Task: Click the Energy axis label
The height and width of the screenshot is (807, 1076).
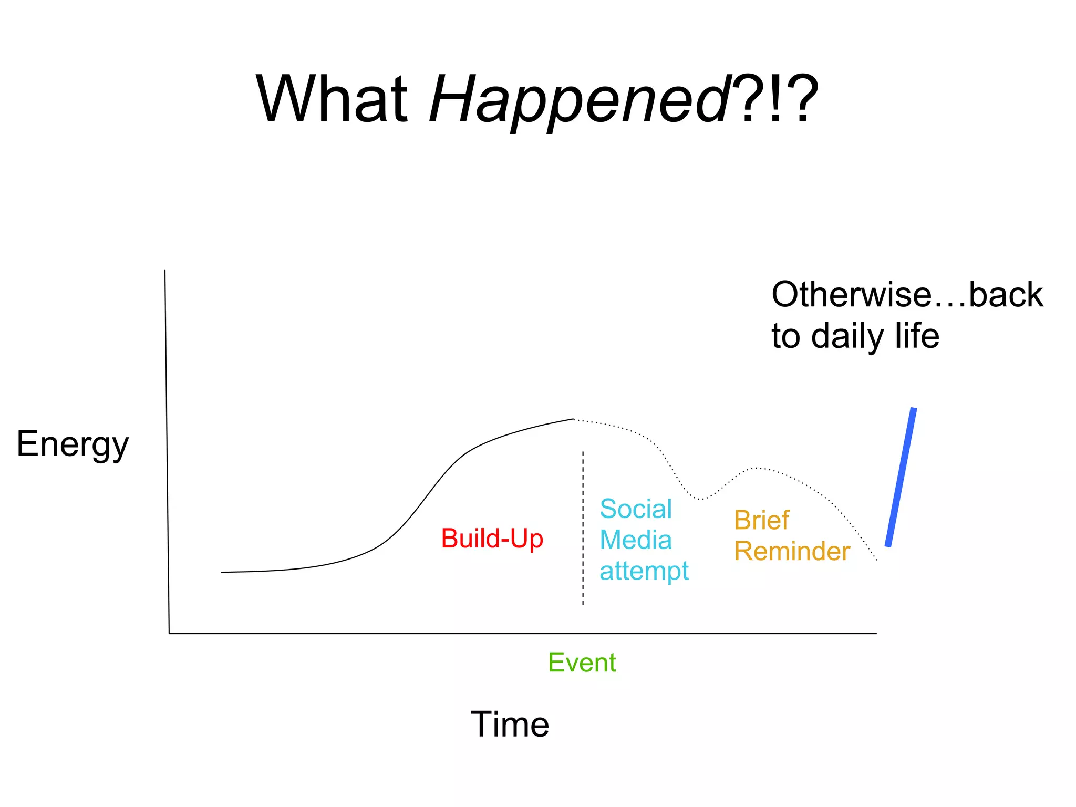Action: point(73,444)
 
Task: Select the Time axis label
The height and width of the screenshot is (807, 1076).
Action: point(510,724)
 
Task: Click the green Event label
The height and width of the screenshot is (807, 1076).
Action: point(582,662)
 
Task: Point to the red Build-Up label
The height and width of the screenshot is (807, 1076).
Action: point(492,539)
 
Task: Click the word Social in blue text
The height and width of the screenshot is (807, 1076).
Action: point(636,509)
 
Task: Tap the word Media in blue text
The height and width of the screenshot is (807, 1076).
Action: point(636,540)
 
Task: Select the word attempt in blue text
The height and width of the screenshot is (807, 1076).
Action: point(644,571)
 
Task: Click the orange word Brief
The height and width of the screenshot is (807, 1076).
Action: point(761,520)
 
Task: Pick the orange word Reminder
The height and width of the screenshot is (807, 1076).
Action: point(792,551)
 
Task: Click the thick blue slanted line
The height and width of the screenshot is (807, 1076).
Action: point(901,477)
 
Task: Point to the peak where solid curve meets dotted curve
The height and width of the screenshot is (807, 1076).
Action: point(573,419)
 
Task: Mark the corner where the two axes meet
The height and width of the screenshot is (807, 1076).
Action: point(169,633)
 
